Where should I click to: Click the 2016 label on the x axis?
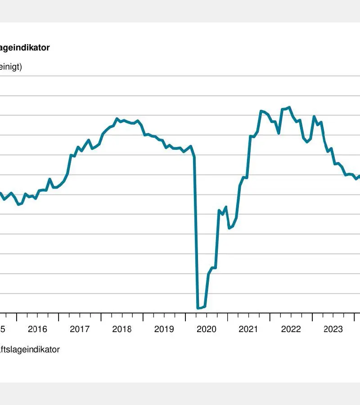coord(37,329)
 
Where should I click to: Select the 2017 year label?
coord(80,329)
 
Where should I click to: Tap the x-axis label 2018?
coord(122,329)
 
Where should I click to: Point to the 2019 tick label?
coord(164,329)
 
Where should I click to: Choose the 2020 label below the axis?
coord(207,329)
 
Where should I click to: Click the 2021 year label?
coord(249,329)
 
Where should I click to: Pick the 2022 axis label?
coord(291,329)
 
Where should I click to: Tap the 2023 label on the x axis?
coord(333,329)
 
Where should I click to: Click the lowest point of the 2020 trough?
coord(198,308)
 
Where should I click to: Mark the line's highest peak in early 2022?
coord(289,107)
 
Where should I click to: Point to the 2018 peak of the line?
coord(117,119)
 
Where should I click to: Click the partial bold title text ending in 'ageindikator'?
coord(25,48)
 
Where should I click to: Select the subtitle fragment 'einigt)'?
coord(11,67)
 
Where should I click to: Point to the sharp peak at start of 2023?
coord(314,117)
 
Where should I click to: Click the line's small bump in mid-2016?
coord(50,179)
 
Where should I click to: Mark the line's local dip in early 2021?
coord(229,228)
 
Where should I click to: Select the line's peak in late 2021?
coord(261,111)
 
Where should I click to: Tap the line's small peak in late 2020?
coord(226,207)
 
